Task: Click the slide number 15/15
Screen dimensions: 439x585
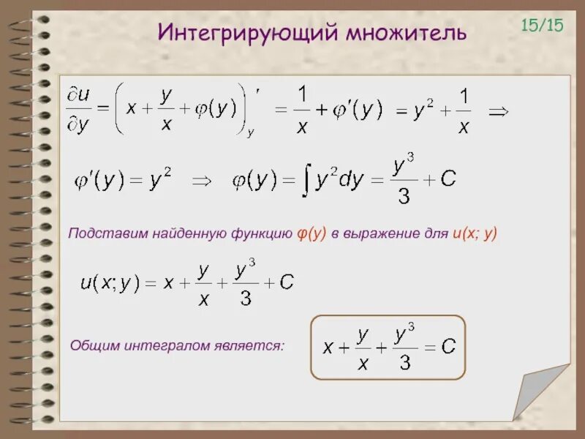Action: coord(542,25)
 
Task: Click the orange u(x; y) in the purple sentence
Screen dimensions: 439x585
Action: coord(474,233)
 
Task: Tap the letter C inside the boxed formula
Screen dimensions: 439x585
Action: coord(448,347)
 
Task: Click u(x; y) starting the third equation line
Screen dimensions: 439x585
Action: coord(110,283)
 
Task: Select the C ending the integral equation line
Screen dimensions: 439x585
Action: coord(448,179)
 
